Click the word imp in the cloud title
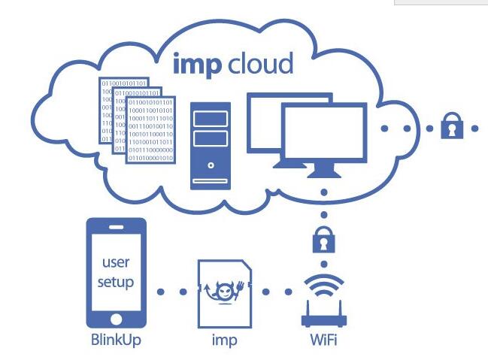tap(198, 65)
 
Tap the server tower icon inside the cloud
tap(211, 140)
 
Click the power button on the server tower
tap(211, 164)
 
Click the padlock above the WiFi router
tap(324, 240)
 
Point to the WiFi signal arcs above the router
tap(323, 287)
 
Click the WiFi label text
tap(323, 341)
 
